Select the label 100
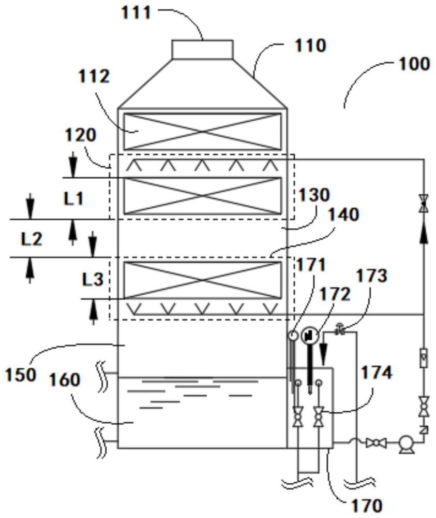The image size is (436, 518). (x=413, y=64)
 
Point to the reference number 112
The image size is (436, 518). (x=94, y=77)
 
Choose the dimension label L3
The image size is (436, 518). (x=93, y=279)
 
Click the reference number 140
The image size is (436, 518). (x=341, y=215)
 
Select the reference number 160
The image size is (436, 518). (x=65, y=380)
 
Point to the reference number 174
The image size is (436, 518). (x=376, y=372)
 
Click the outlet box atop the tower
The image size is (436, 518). (x=202, y=50)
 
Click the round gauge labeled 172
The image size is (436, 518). (x=309, y=336)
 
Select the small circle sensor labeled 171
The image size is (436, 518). (x=292, y=336)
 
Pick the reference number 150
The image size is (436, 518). (x=21, y=374)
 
